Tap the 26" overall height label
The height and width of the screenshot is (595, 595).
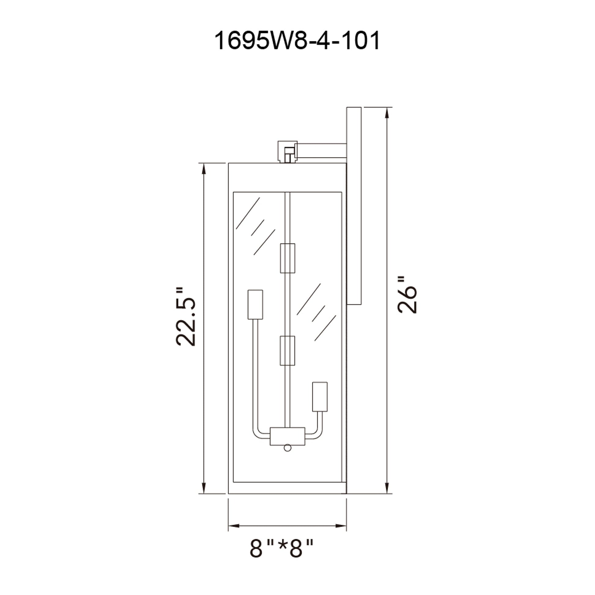click(x=407, y=295)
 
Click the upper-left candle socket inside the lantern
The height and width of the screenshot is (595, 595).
click(x=255, y=304)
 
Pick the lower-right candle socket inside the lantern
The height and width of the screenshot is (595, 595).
click(x=320, y=397)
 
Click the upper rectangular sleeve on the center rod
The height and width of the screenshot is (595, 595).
click(x=287, y=258)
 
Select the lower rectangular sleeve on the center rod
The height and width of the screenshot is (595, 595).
click(x=287, y=350)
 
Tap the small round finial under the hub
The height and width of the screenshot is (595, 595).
click(x=287, y=456)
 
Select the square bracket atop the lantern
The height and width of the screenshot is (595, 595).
click(x=286, y=152)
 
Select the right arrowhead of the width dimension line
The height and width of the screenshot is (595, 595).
click(x=341, y=525)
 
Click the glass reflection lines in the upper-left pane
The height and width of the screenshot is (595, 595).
click(x=254, y=226)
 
